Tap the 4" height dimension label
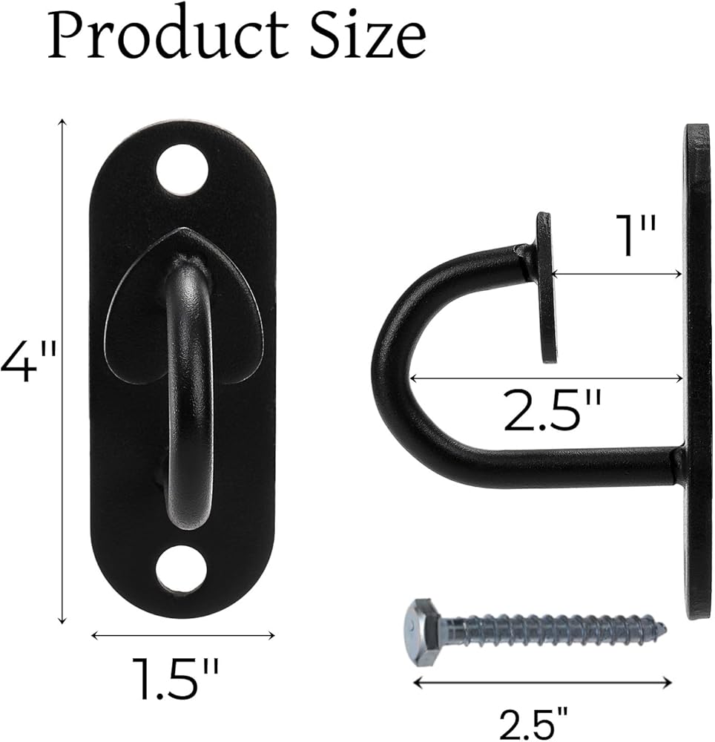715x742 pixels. coord(28,362)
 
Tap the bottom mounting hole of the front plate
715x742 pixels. coord(182,570)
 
